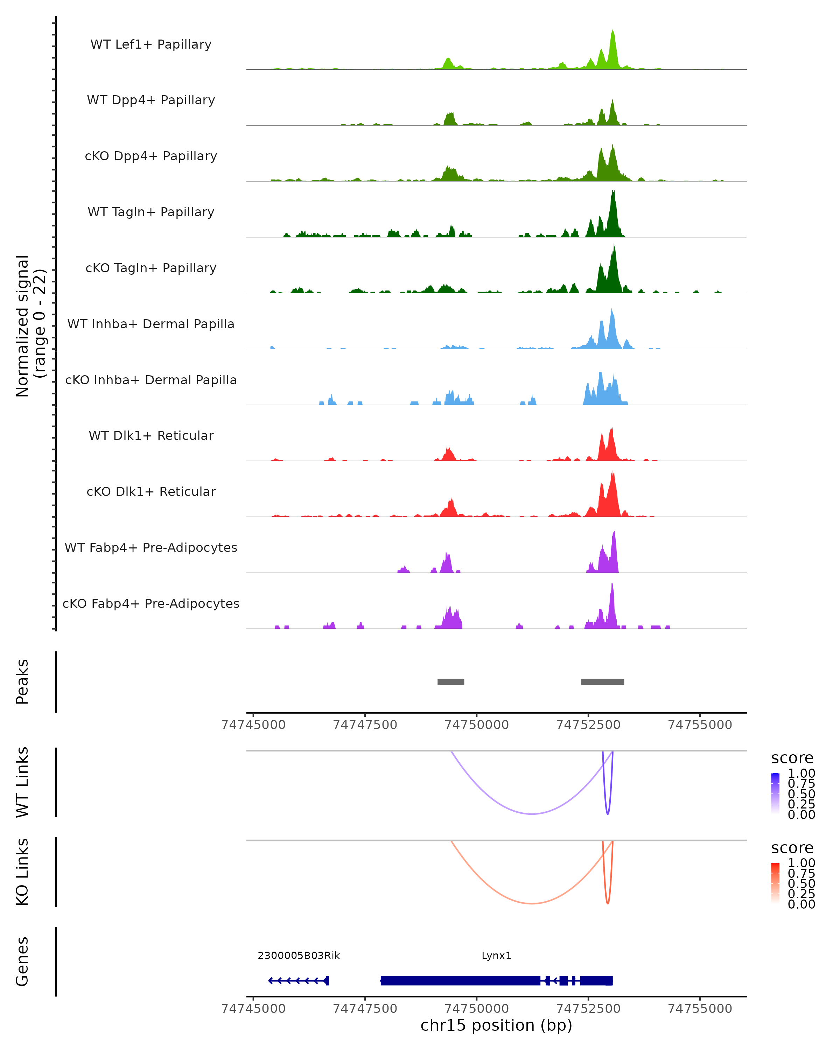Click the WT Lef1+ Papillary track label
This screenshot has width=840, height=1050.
(x=151, y=44)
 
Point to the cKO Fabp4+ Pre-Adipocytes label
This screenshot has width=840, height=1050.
(x=151, y=603)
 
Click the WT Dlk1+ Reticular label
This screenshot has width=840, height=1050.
(x=151, y=435)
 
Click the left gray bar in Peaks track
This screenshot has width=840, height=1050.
(x=450, y=682)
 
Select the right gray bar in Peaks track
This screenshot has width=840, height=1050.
(x=602, y=682)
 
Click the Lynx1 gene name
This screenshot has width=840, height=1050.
(x=496, y=955)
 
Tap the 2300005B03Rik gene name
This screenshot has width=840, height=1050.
(x=299, y=955)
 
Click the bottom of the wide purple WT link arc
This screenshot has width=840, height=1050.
(x=532, y=814)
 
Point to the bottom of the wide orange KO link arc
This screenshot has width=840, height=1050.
(x=532, y=903)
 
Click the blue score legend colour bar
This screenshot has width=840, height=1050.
(x=775, y=793)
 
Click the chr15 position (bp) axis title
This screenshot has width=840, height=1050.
(x=496, y=1025)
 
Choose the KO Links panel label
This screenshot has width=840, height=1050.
(x=22, y=872)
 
